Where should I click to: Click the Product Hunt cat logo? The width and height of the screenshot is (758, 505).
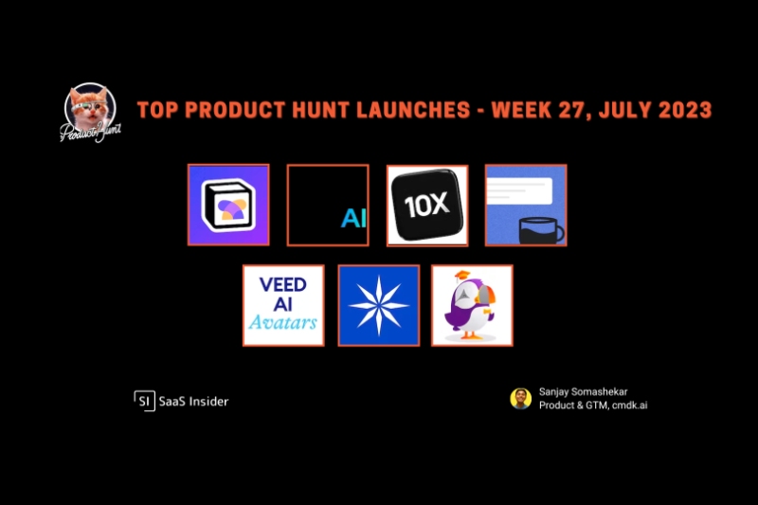pos(90,113)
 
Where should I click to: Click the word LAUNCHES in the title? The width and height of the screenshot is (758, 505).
pos(413,110)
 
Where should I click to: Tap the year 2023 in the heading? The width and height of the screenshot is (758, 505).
pos(684,110)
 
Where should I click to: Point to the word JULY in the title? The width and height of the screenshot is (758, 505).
pos(624,110)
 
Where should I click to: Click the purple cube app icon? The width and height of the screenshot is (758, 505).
pos(228,205)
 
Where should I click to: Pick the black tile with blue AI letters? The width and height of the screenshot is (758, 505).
pos(328,205)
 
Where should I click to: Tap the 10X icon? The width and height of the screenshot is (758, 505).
pos(427,206)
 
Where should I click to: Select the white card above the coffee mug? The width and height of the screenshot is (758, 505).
pos(519,190)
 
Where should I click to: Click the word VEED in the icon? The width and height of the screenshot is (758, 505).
pos(282,284)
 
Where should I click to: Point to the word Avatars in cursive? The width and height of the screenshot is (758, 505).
pos(282,322)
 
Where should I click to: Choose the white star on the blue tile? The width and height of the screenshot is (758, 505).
pos(379,305)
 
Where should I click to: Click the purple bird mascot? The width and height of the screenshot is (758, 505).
pos(471,307)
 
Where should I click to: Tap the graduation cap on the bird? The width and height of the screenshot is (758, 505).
pos(462,276)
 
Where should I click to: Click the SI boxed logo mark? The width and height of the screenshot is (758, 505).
pos(145,401)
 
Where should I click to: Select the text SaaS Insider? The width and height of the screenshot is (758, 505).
pos(194,402)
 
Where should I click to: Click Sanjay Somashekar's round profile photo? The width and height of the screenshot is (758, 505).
pos(520,399)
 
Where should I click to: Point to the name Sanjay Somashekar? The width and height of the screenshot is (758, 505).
pos(583,392)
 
